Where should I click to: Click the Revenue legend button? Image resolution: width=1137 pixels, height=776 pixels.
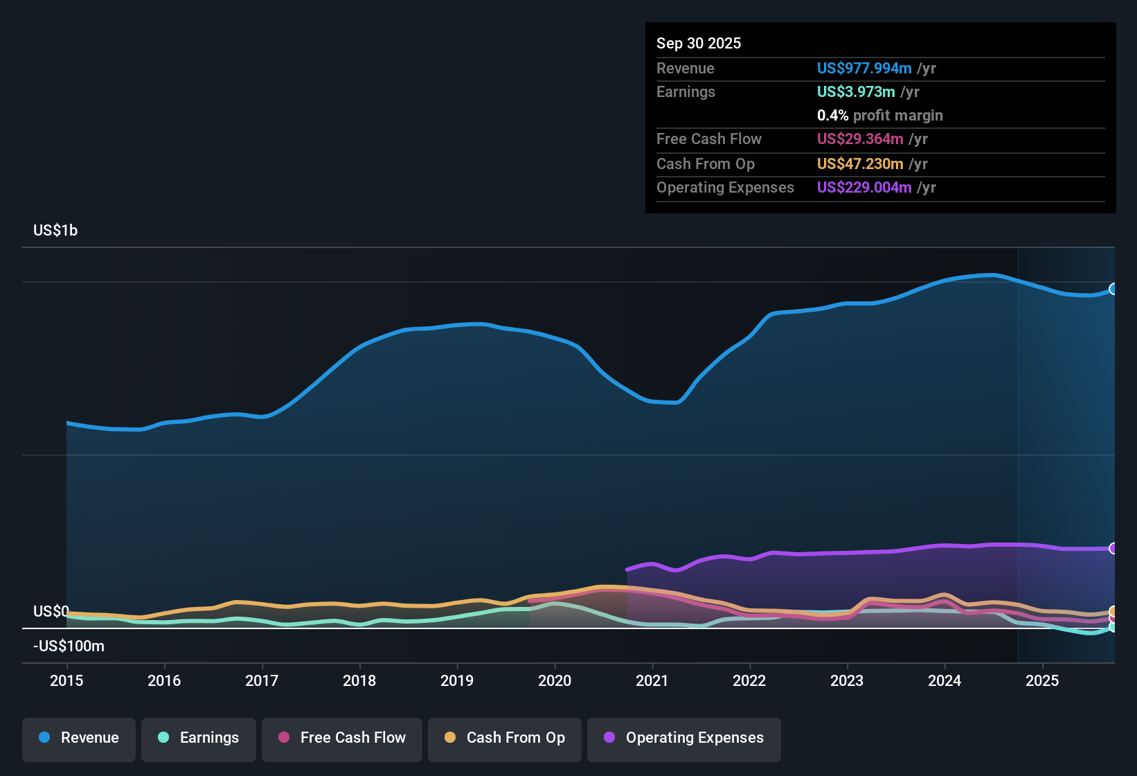[x=79, y=738]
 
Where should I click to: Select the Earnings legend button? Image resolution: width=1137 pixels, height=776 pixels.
[x=199, y=738]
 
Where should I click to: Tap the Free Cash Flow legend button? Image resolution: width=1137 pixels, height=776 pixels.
[x=342, y=738]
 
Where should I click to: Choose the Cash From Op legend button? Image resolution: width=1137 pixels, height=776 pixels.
[x=505, y=738]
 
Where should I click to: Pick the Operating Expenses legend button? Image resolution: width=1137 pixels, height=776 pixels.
[x=684, y=738]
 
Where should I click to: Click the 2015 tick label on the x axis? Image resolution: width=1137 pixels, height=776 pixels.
[x=66, y=680]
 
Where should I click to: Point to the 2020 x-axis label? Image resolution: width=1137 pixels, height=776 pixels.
[x=555, y=680]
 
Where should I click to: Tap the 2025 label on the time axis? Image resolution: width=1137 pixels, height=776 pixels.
[x=1042, y=680]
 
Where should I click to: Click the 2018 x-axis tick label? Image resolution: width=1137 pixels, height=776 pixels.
[x=359, y=680]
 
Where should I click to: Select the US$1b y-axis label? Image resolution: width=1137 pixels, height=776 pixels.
[x=55, y=231]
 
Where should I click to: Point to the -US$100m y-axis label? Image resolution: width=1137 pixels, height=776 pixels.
[x=69, y=646]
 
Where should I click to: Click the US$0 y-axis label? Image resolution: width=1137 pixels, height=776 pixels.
[x=51, y=611]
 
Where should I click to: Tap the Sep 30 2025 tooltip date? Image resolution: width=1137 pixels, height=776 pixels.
[x=699, y=44]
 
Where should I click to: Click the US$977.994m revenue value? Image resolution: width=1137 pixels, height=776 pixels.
[x=863, y=69]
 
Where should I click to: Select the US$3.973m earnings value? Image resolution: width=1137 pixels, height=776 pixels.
[x=856, y=92]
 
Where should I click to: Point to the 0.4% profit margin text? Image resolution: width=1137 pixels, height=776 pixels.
[x=879, y=116]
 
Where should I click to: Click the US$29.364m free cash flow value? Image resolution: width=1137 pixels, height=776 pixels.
[x=859, y=139]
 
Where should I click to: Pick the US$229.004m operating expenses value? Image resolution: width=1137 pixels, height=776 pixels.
[x=863, y=188]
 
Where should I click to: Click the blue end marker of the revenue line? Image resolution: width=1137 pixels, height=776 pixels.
[x=1113, y=289]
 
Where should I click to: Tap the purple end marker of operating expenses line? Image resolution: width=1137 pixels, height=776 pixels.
[x=1113, y=548]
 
